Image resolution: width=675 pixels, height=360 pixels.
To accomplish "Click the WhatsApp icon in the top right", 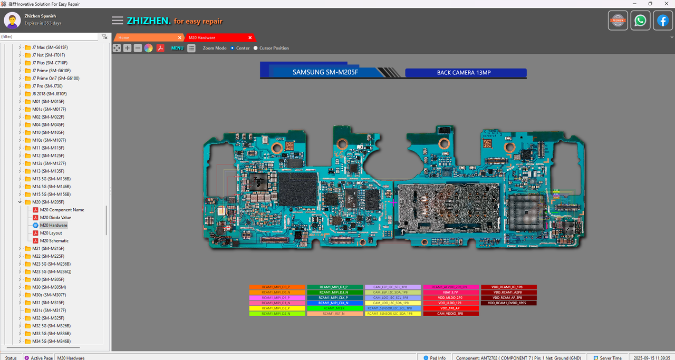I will [640, 21].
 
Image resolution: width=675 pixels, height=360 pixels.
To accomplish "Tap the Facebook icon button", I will [663, 21].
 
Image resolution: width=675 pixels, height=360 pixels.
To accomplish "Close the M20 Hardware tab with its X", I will [250, 37].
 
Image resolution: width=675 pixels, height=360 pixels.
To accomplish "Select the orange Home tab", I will [148, 37].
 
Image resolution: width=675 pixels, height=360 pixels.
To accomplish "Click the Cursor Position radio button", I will [256, 48].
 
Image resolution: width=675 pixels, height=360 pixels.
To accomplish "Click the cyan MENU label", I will [177, 48].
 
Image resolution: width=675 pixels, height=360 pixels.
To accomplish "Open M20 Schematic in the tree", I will [54, 240].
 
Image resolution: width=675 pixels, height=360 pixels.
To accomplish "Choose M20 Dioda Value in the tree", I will [55, 217].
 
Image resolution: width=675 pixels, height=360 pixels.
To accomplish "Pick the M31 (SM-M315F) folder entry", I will [47, 303].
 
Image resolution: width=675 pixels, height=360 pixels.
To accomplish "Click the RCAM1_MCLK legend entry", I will [335, 308].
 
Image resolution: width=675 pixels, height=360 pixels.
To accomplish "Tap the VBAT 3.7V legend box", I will [451, 292].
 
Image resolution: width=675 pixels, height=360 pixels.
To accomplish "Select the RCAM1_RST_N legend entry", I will [335, 314].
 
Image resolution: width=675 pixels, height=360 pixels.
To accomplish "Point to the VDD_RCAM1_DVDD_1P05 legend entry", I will [508, 303].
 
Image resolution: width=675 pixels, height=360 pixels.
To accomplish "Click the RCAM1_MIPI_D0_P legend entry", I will [277, 287].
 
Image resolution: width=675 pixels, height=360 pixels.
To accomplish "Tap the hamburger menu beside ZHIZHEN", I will [118, 21].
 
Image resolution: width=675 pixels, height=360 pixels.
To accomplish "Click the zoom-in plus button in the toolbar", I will [127, 48].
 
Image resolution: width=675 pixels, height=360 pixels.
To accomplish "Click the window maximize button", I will [650, 4].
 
